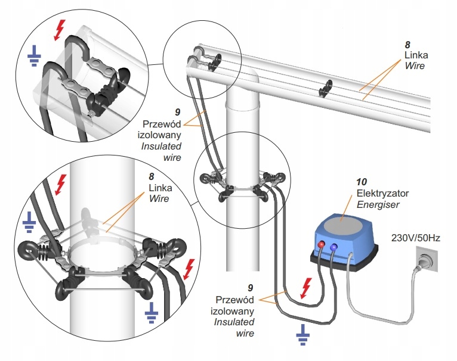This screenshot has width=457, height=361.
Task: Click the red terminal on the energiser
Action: click(x=322, y=244)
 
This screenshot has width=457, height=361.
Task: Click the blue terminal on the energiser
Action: click(x=334, y=247)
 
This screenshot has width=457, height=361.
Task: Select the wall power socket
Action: click(x=427, y=259)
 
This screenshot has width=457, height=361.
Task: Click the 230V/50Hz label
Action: click(x=416, y=238)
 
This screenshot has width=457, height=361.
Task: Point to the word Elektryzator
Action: click(x=382, y=194)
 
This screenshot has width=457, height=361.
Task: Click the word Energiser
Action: click(x=378, y=205)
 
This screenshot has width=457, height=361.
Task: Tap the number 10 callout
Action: click(x=362, y=182)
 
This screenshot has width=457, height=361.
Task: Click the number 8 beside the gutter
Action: click(x=407, y=45)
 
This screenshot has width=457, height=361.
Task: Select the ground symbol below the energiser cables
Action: click(x=303, y=335)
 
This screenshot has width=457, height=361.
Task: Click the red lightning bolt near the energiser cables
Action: click(x=305, y=288)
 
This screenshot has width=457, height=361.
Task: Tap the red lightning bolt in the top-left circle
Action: click(x=60, y=30)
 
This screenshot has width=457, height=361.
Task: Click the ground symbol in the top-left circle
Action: click(x=34, y=56)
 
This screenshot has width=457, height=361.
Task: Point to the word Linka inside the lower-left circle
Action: click(x=160, y=188)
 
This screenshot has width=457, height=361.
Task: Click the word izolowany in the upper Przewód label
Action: click(x=159, y=135)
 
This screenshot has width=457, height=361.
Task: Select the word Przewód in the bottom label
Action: click(x=234, y=300)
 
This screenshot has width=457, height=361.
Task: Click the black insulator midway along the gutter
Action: click(x=326, y=88)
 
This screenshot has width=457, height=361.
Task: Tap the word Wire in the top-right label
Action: click(x=415, y=66)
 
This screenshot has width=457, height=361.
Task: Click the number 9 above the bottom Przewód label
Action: click(x=251, y=288)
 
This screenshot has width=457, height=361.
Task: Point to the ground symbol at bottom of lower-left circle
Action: click(x=152, y=313)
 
